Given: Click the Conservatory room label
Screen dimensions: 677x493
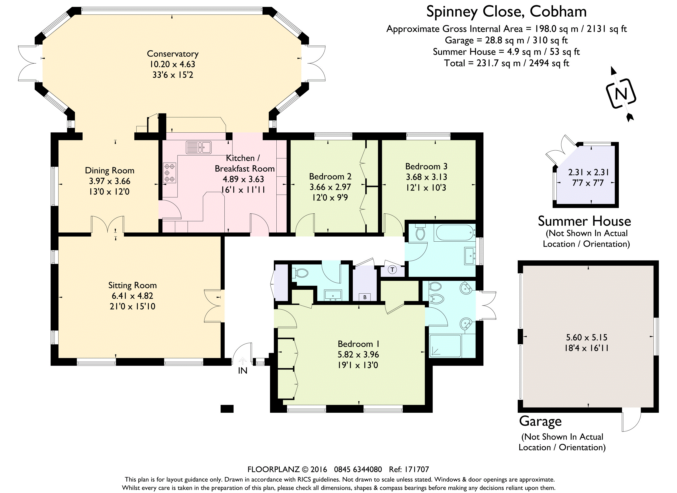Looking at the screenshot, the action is click(173, 54).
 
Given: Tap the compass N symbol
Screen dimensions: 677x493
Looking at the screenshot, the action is click(621, 94).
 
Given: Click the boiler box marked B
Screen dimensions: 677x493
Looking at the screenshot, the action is click(365, 297).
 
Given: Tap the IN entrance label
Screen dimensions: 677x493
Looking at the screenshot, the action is click(242, 371).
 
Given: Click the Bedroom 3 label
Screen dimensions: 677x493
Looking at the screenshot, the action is click(426, 166).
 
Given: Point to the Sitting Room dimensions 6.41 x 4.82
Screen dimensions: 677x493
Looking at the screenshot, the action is click(132, 296).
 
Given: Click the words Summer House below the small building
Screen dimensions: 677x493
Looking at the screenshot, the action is click(584, 221).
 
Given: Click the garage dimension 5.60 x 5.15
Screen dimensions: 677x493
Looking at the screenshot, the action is click(587, 337).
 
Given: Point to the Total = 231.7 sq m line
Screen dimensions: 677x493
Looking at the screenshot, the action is click(507, 63).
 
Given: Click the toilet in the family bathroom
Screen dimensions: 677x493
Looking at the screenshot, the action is click(420, 232).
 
